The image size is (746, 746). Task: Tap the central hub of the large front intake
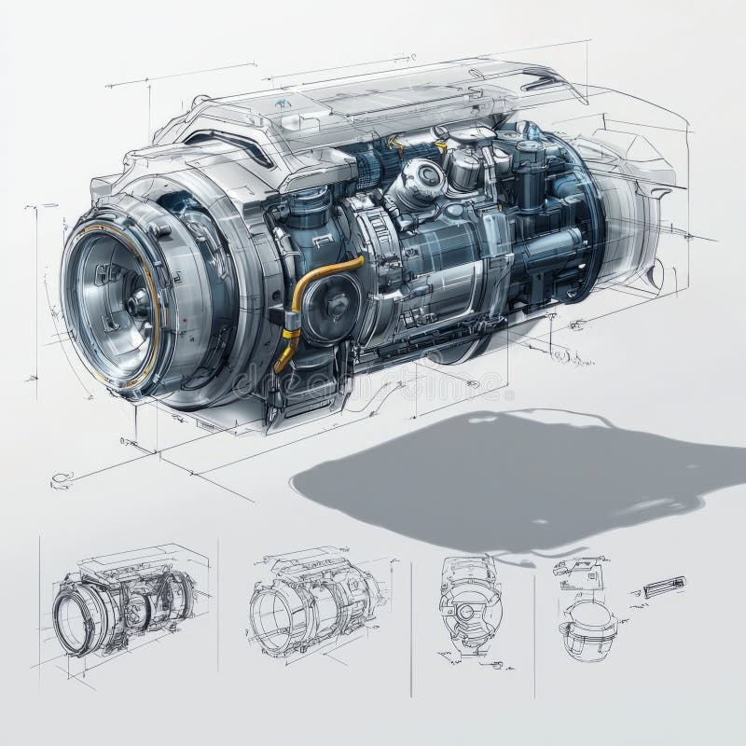[139, 301]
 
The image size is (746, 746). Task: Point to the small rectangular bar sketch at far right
[664, 587]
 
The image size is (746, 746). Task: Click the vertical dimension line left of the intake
[37, 289]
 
